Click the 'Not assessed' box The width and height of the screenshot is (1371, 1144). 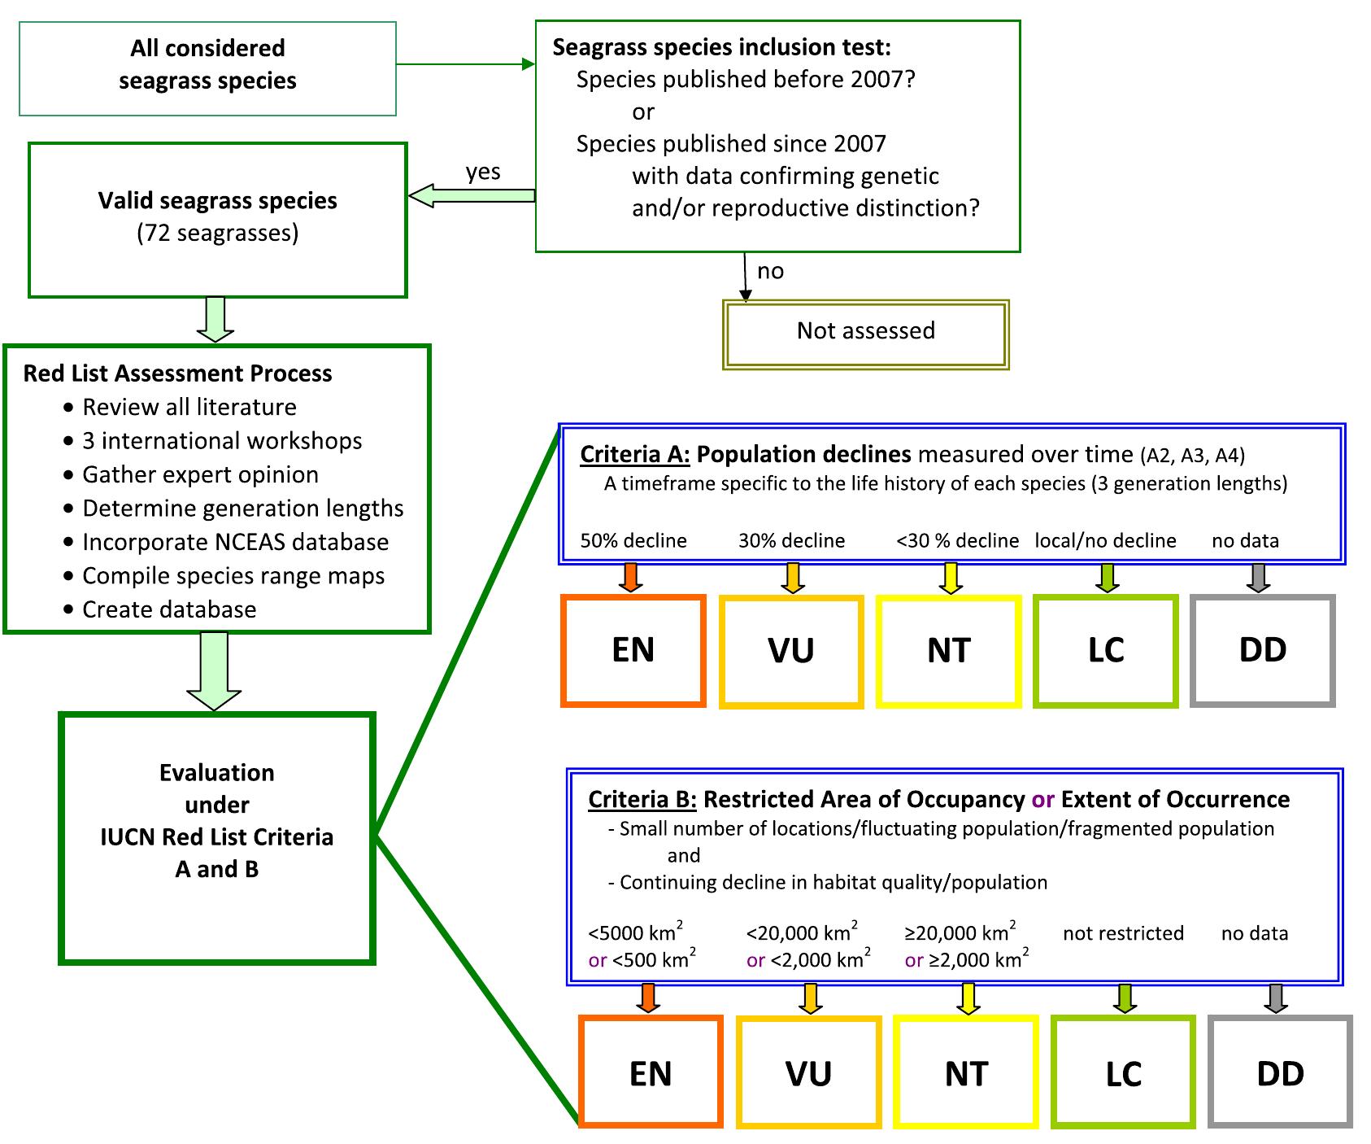865,333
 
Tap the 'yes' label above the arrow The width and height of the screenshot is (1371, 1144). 482,172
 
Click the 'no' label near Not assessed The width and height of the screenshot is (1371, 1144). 770,271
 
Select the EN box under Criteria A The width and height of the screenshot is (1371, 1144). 633,650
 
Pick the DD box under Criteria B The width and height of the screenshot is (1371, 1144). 1280,1072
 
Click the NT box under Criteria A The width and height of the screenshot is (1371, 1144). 948,650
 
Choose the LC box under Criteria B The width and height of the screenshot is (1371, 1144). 1123,1072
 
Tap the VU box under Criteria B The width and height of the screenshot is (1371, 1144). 808,1072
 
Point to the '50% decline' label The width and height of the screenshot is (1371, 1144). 633,540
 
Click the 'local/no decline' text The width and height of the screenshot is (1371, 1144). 1104,540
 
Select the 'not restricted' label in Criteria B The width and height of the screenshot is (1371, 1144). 1122,933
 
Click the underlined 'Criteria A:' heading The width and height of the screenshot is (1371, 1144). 634,454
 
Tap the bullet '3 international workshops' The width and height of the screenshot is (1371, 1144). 221,441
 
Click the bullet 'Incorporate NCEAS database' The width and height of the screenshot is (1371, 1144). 235,542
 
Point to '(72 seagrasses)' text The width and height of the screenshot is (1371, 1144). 217,234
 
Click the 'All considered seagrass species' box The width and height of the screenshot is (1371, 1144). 207,68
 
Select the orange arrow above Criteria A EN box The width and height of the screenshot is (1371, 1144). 630,576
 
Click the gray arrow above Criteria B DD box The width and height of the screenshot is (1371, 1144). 1275,998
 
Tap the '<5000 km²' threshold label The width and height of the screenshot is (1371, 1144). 635,932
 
